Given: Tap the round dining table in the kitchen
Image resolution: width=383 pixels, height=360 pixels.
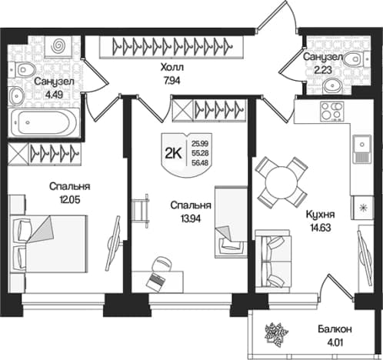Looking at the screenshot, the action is pos(281,182).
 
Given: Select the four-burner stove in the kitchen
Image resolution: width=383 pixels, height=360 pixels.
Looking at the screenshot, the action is pos(332,111).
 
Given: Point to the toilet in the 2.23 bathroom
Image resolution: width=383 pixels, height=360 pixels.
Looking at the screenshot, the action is pos(355,59).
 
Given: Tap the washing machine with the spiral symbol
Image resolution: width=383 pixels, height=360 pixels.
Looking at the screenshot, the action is pos(58,46).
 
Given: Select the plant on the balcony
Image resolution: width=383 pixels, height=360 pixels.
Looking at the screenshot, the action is pos(276,335).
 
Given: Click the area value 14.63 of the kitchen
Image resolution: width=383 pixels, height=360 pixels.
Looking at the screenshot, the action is pos(320,227).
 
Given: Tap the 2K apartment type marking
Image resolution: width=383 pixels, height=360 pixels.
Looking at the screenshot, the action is pos(173,154).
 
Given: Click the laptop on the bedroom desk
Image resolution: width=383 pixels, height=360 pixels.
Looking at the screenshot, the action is pos(155,282).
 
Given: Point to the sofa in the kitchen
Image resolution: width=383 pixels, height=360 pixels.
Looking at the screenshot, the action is pos(273,261).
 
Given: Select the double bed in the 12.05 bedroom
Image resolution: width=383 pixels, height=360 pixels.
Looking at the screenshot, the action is pos(48,244).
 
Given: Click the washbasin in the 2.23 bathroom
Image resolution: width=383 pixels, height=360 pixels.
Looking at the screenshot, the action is pos(333,85).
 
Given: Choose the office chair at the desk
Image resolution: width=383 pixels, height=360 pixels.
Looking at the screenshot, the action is pos(161,263).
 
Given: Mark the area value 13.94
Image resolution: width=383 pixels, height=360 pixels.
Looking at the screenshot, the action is pos(191,218).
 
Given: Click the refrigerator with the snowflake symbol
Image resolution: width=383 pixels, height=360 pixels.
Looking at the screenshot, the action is pos(362,208).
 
